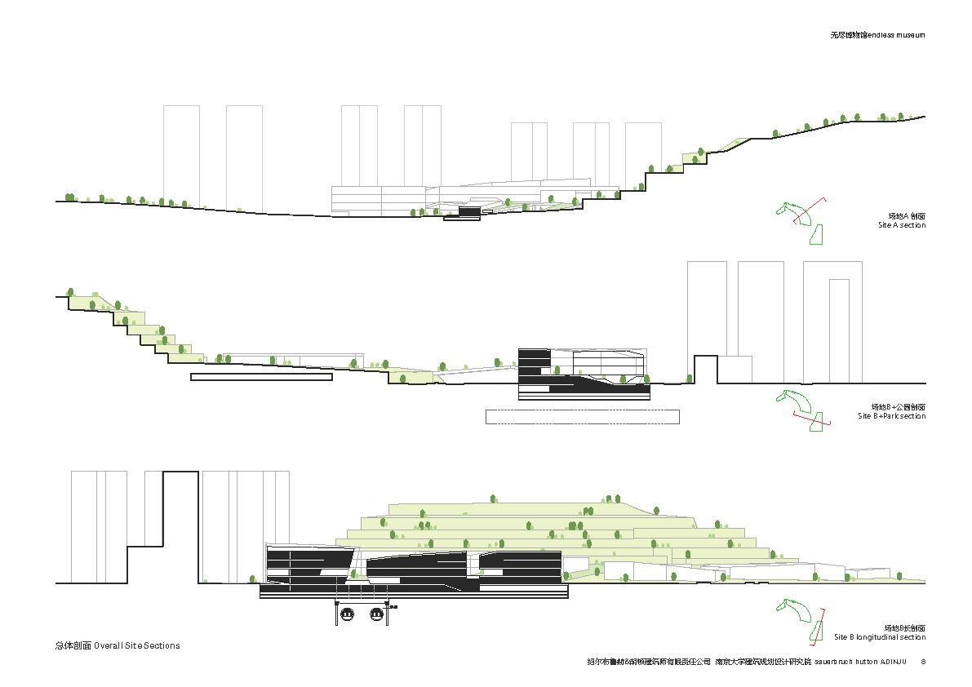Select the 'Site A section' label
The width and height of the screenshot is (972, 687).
[x=901, y=225]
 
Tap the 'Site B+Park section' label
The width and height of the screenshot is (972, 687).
[x=891, y=416]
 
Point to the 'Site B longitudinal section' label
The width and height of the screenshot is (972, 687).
[x=880, y=637]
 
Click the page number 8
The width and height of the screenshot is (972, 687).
[x=923, y=662]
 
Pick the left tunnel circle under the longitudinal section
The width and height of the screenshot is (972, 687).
[x=347, y=614]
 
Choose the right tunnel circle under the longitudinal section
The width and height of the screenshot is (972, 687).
[x=377, y=614]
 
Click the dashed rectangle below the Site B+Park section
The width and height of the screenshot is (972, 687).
[x=582, y=416]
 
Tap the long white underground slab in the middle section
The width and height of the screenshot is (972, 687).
[x=261, y=377]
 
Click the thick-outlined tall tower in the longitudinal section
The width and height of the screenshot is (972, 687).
[x=181, y=522]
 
